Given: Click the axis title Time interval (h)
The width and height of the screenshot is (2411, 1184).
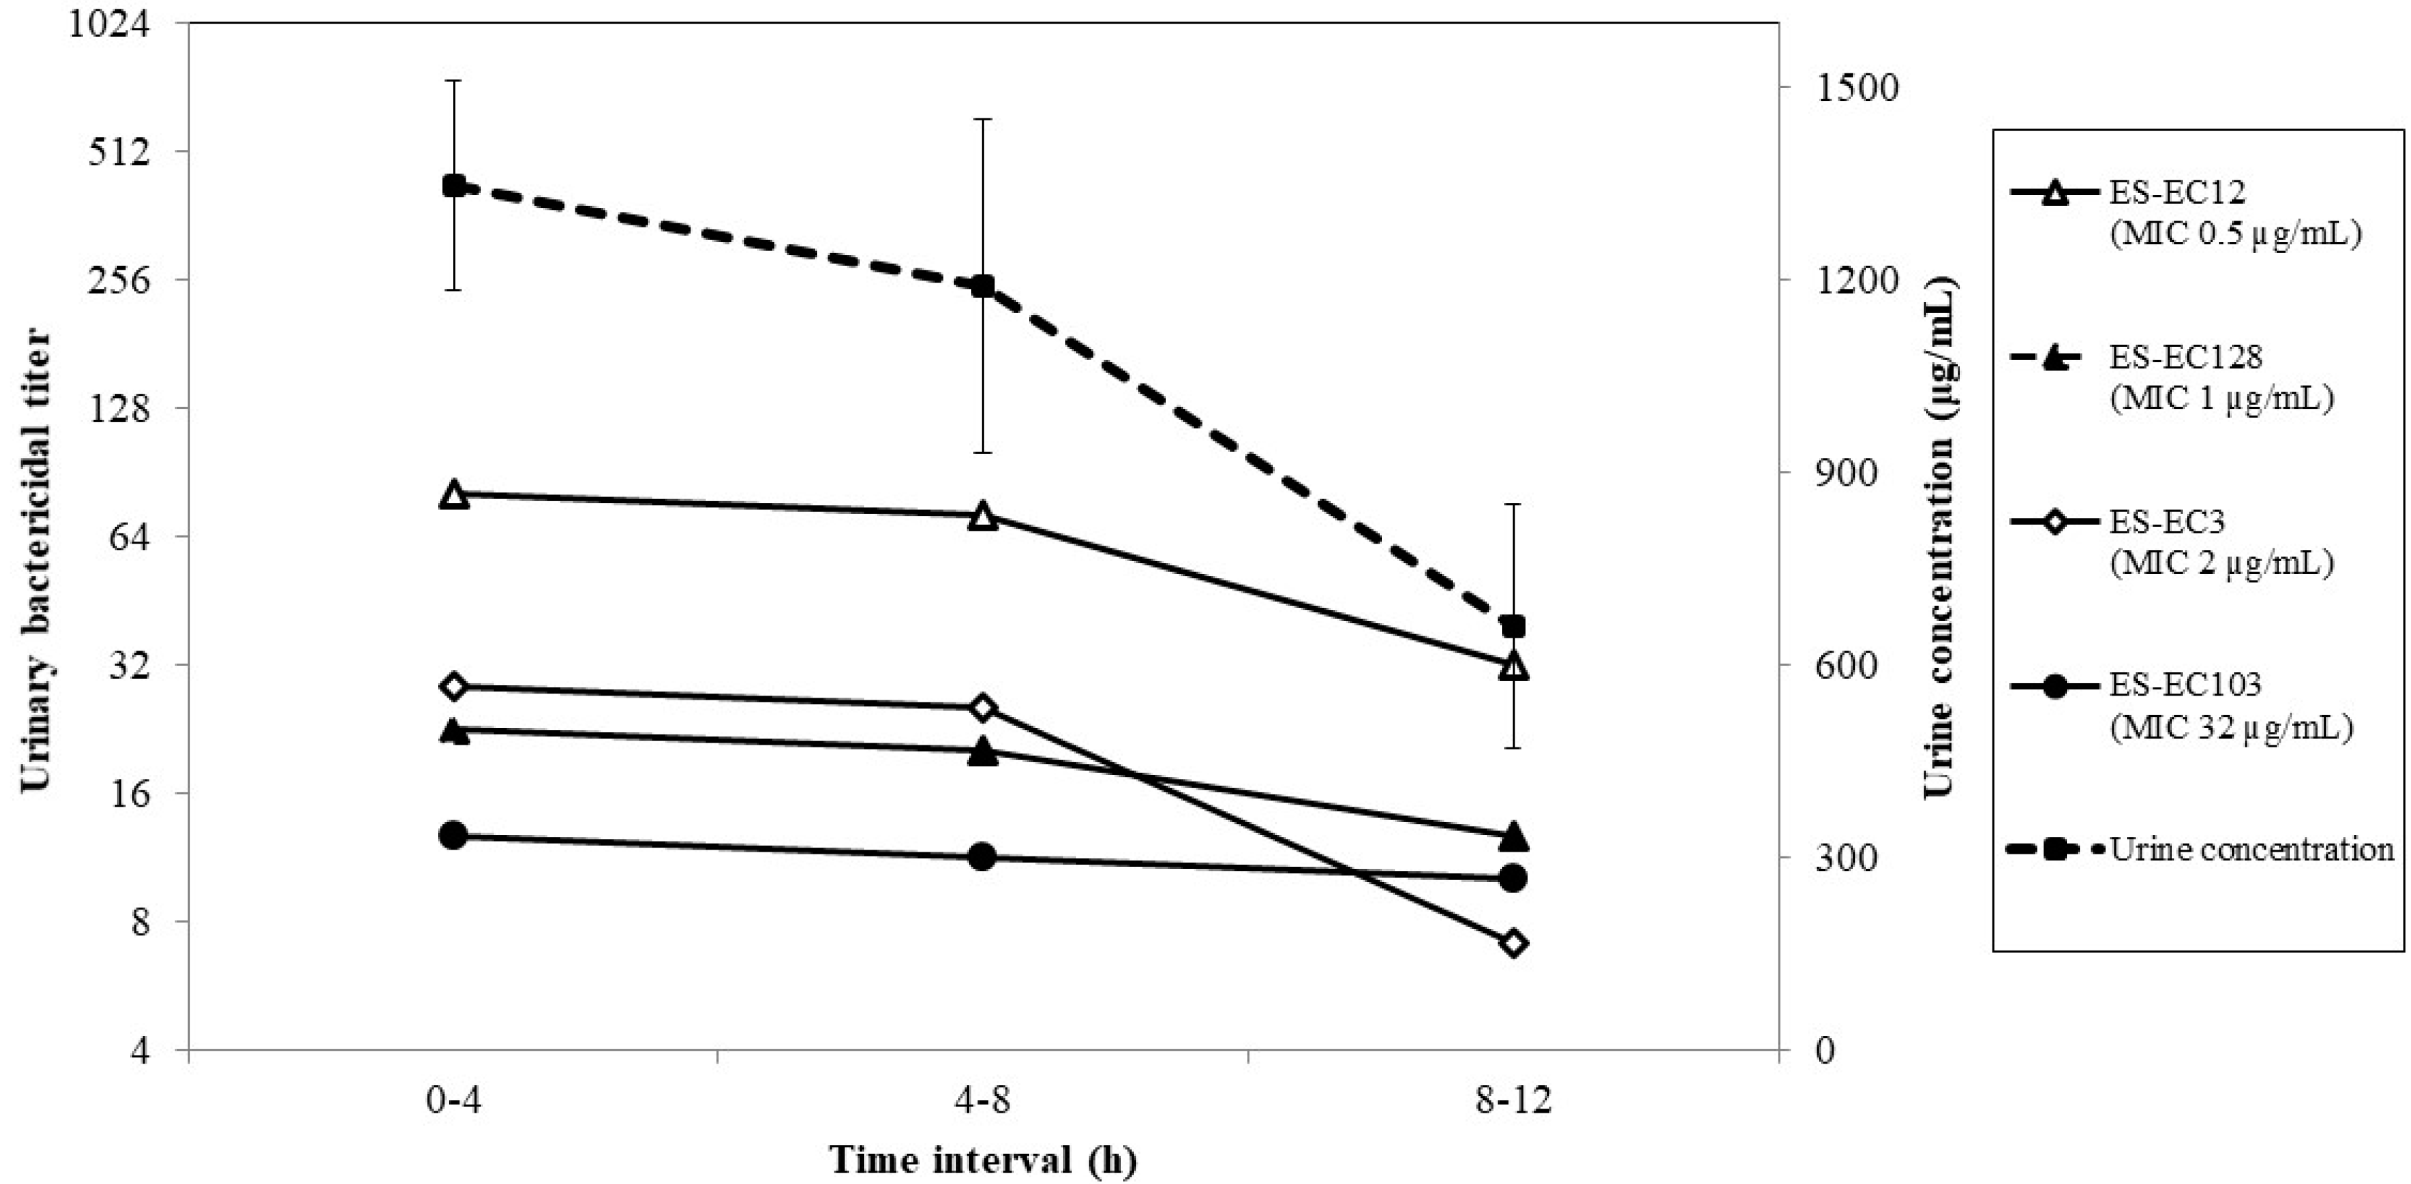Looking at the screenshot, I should [x=982, y=1160].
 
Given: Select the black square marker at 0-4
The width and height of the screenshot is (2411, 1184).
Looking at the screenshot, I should [x=454, y=185].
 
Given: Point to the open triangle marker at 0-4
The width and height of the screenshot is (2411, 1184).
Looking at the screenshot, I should [x=454, y=494].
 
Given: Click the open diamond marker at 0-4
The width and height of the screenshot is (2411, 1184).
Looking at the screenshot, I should [x=454, y=686].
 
